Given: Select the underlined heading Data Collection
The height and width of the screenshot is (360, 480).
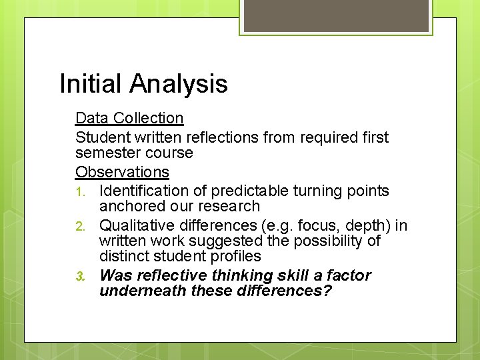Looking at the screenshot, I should pyautogui.click(x=129, y=118).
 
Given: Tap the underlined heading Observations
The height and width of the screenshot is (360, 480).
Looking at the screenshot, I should pyautogui.click(x=122, y=172).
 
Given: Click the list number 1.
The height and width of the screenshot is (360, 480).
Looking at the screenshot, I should pyautogui.click(x=80, y=192).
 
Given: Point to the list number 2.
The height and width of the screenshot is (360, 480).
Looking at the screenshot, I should pyautogui.click(x=80, y=227).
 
